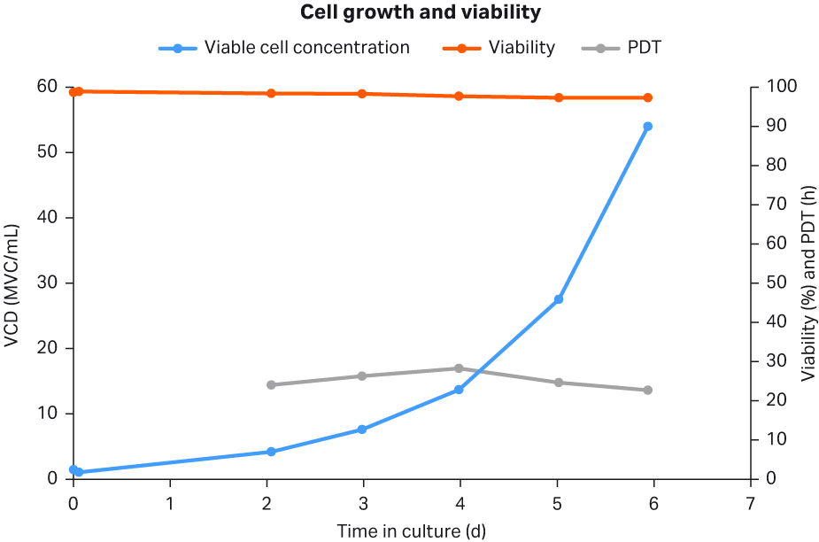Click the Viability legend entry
pos(499,48)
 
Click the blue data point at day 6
pos(647,127)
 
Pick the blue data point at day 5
pos(558,299)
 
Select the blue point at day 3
pos(362,430)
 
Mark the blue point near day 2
pos(271,452)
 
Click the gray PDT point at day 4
pos(459,368)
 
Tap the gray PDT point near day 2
pos(271,385)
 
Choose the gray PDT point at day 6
pos(647,391)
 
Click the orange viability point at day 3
pos(362,94)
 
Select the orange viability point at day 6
pos(647,97)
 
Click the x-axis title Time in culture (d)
pos(411,530)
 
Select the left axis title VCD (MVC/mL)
pos(12,283)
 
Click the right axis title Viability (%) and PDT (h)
pos(807,283)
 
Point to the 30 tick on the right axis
pos(772,361)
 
